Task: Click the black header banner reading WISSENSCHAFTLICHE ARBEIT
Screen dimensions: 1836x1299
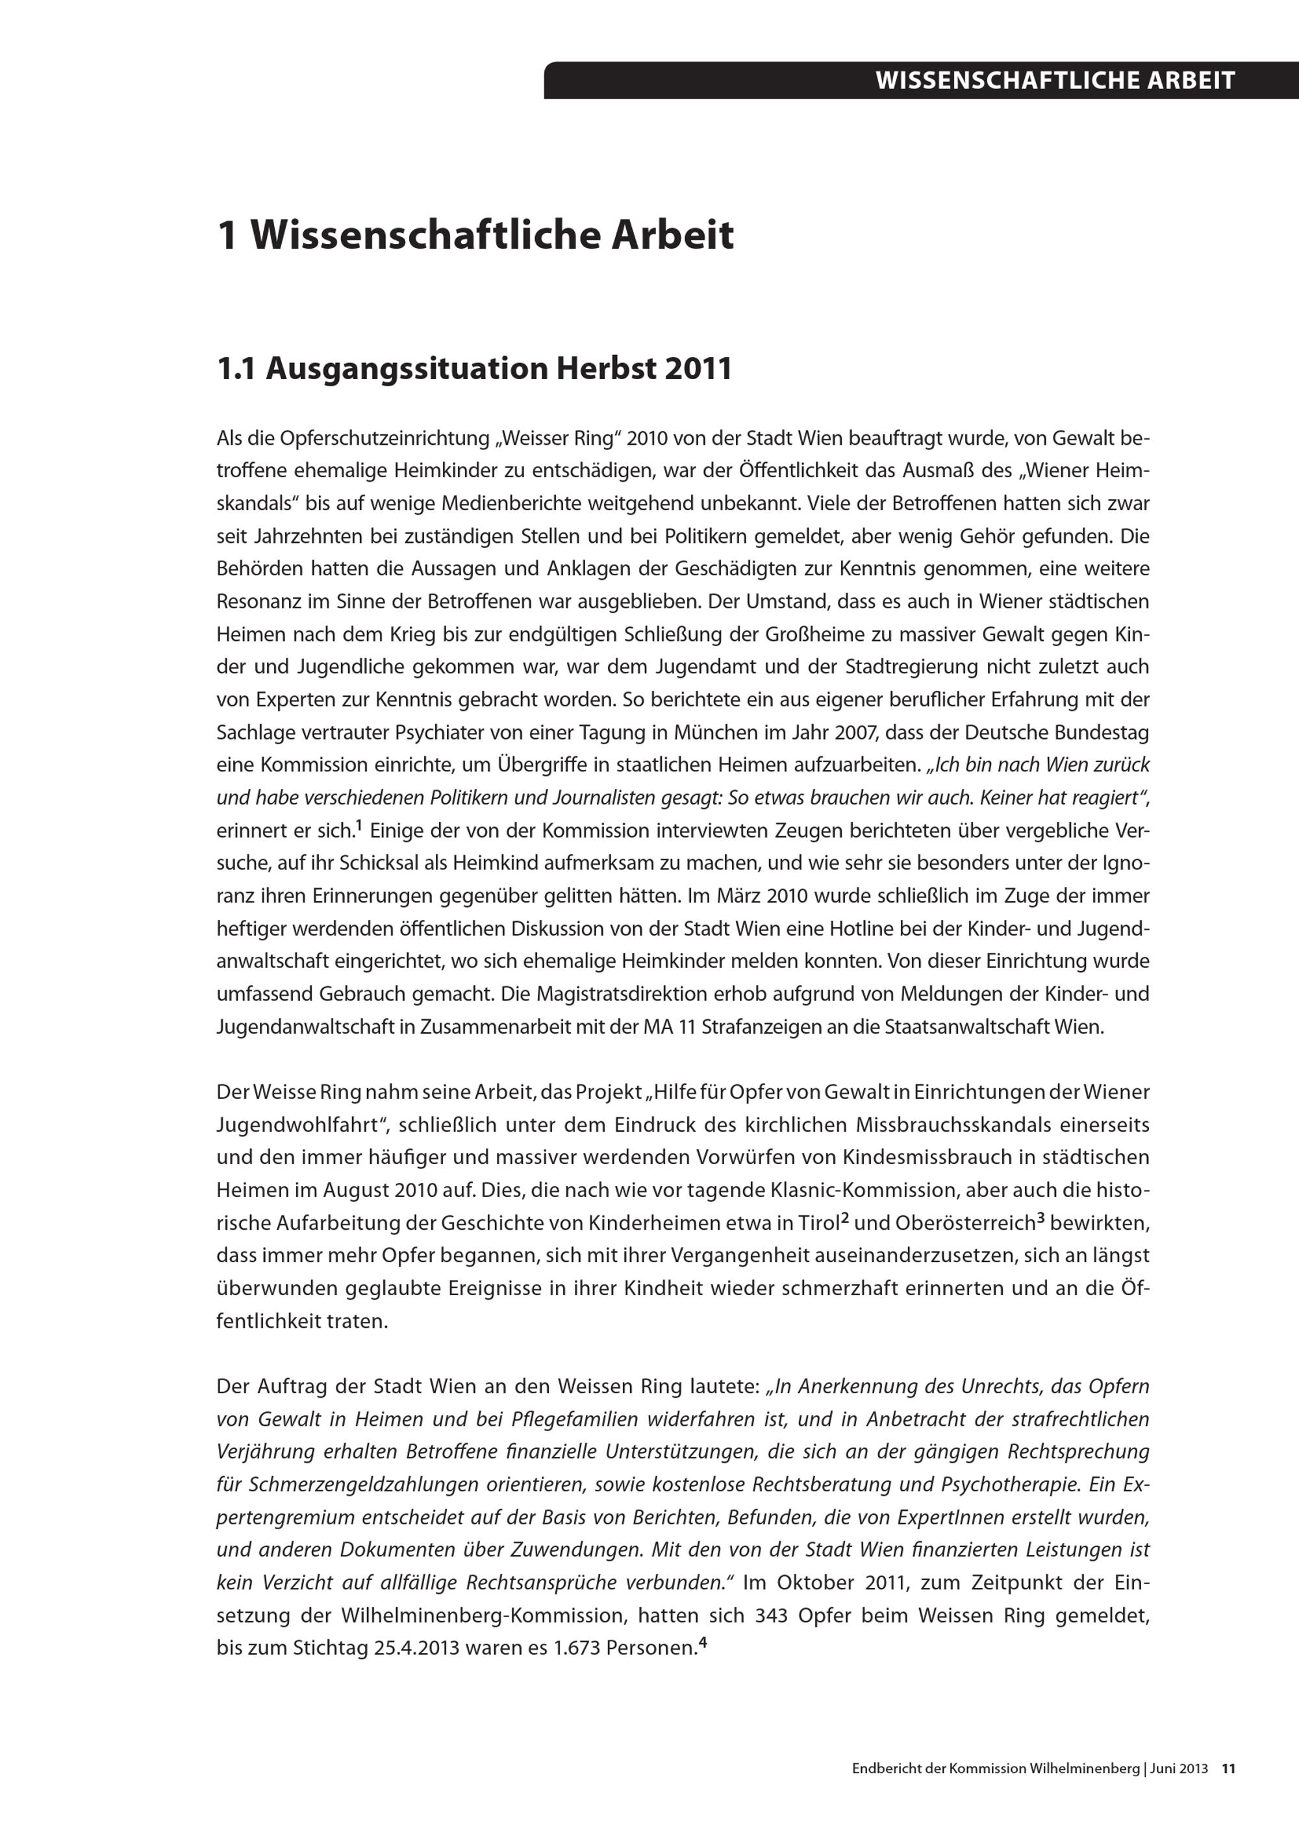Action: click(920, 80)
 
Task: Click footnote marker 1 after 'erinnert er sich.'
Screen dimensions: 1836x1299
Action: click(359, 825)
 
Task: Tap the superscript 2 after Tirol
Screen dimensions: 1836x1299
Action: click(844, 1218)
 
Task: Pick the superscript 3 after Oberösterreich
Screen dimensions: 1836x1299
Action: click(1040, 1218)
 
